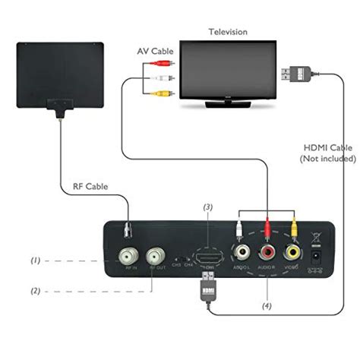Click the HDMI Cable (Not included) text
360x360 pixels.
(327, 153)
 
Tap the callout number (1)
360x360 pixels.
(35, 261)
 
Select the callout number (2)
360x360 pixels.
(35, 289)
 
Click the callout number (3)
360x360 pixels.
(207, 207)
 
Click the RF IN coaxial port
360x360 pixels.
(129, 253)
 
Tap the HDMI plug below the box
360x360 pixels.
(208, 288)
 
